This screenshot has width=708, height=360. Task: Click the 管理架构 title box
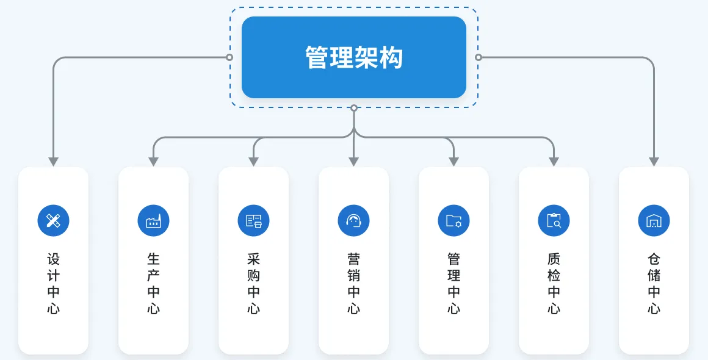pos(354,57)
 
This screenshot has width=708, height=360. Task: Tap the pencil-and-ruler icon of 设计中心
pos(53,220)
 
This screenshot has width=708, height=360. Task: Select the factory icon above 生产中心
pos(153,220)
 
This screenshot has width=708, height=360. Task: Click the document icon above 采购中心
pos(253,220)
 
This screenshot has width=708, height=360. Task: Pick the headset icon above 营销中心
pos(353,220)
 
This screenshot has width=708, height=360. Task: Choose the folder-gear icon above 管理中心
pos(453,220)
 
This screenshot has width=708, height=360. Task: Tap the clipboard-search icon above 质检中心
pos(554,220)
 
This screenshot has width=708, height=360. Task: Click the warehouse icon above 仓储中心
pos(654,220)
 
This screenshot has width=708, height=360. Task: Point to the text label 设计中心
pos(53,284)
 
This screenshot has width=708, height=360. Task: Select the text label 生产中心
pos(153,284)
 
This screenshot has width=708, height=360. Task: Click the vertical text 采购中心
pos(253,284)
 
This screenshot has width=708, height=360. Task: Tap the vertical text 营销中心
pos(353,284)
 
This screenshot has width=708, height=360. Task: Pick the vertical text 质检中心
pos(554,284)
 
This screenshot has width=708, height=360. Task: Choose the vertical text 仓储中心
pos(654,284)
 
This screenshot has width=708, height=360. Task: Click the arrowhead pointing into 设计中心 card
pos(53,162)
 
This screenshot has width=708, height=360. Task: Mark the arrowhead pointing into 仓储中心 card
pos(654,162)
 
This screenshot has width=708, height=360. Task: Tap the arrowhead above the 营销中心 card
pos(353,162)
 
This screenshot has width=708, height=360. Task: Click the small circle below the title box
pos(354,108)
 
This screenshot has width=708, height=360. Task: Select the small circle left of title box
pos(229,57)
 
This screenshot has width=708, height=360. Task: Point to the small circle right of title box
pos(479,57)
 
